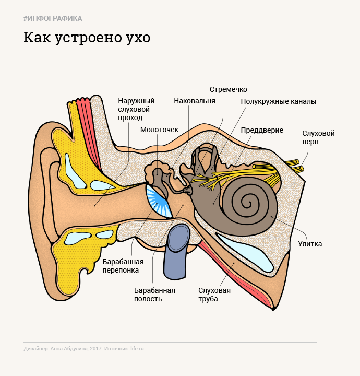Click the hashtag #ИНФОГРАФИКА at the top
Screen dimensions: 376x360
[53, 19]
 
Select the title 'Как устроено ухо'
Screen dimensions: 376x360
[87, 39]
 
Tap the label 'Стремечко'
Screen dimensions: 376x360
[228, 89]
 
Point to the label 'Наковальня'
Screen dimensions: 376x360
[194, 101]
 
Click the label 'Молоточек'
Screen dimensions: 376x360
[159, 129]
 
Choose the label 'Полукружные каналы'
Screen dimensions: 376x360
[278, 102]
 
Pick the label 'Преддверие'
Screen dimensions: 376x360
[262, 130]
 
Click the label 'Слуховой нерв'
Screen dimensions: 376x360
[318, 137]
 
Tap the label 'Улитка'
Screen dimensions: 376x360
[310, 244]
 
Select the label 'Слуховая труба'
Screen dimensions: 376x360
[214, 295]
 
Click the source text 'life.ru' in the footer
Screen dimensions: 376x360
[138, 348]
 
